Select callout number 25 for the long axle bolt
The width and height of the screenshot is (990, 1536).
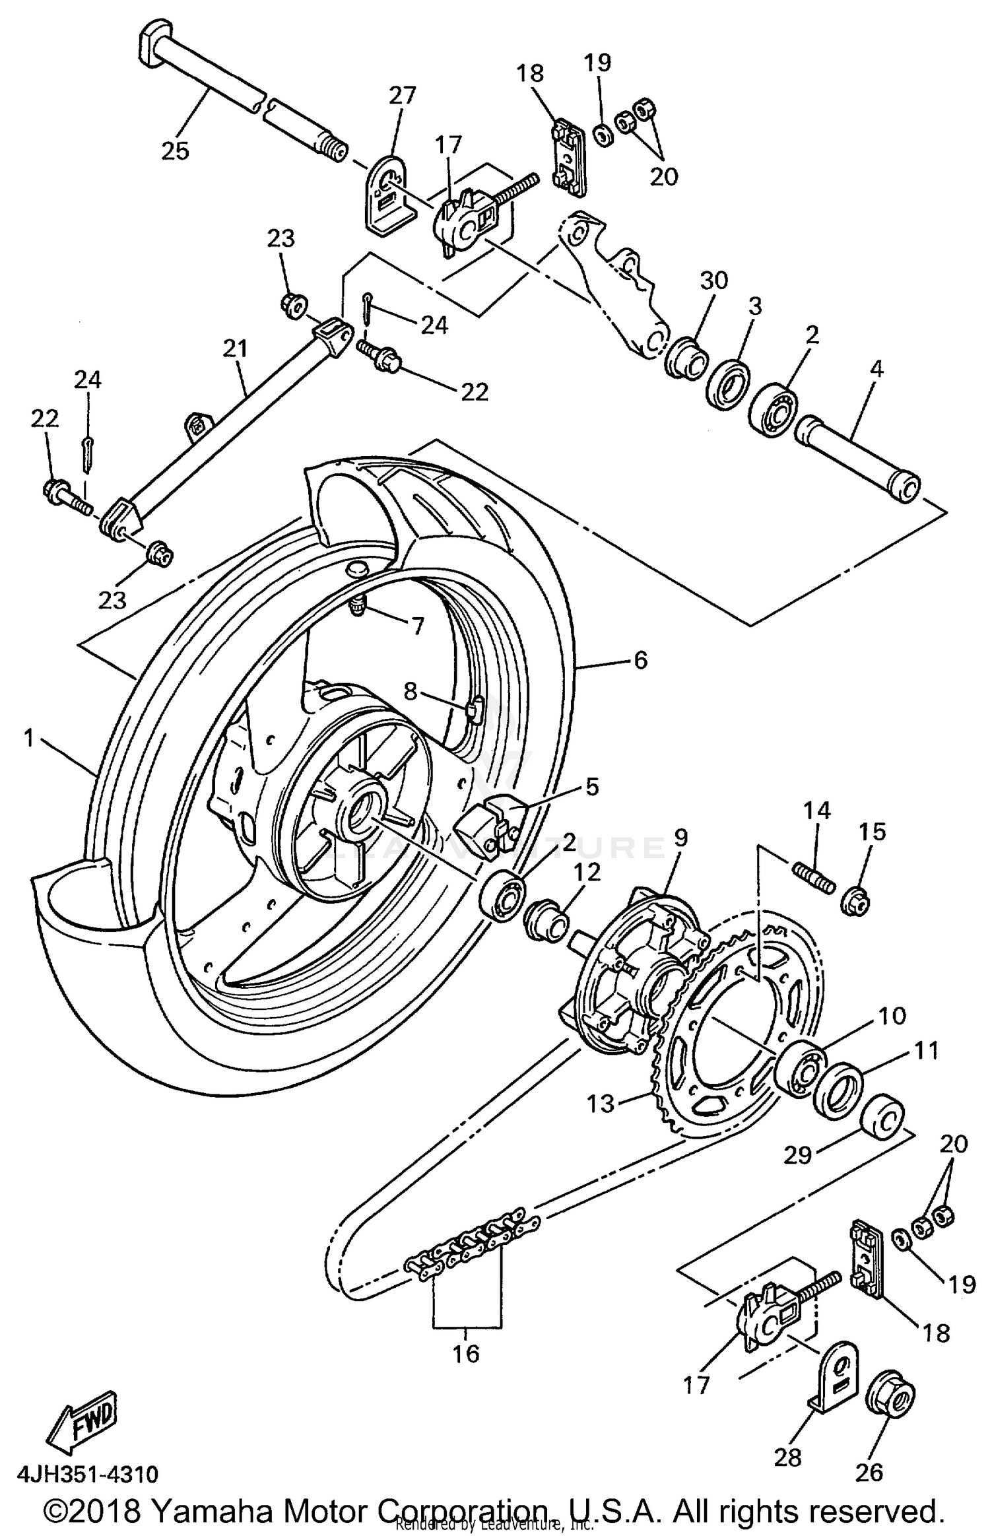[x=175, y=150]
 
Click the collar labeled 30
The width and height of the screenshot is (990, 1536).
[x=686, y=357]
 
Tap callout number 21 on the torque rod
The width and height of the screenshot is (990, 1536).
[x=236, y=348]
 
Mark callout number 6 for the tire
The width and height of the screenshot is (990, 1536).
[x=641, y=659]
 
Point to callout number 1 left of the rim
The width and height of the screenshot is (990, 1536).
[x=29, y=739]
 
